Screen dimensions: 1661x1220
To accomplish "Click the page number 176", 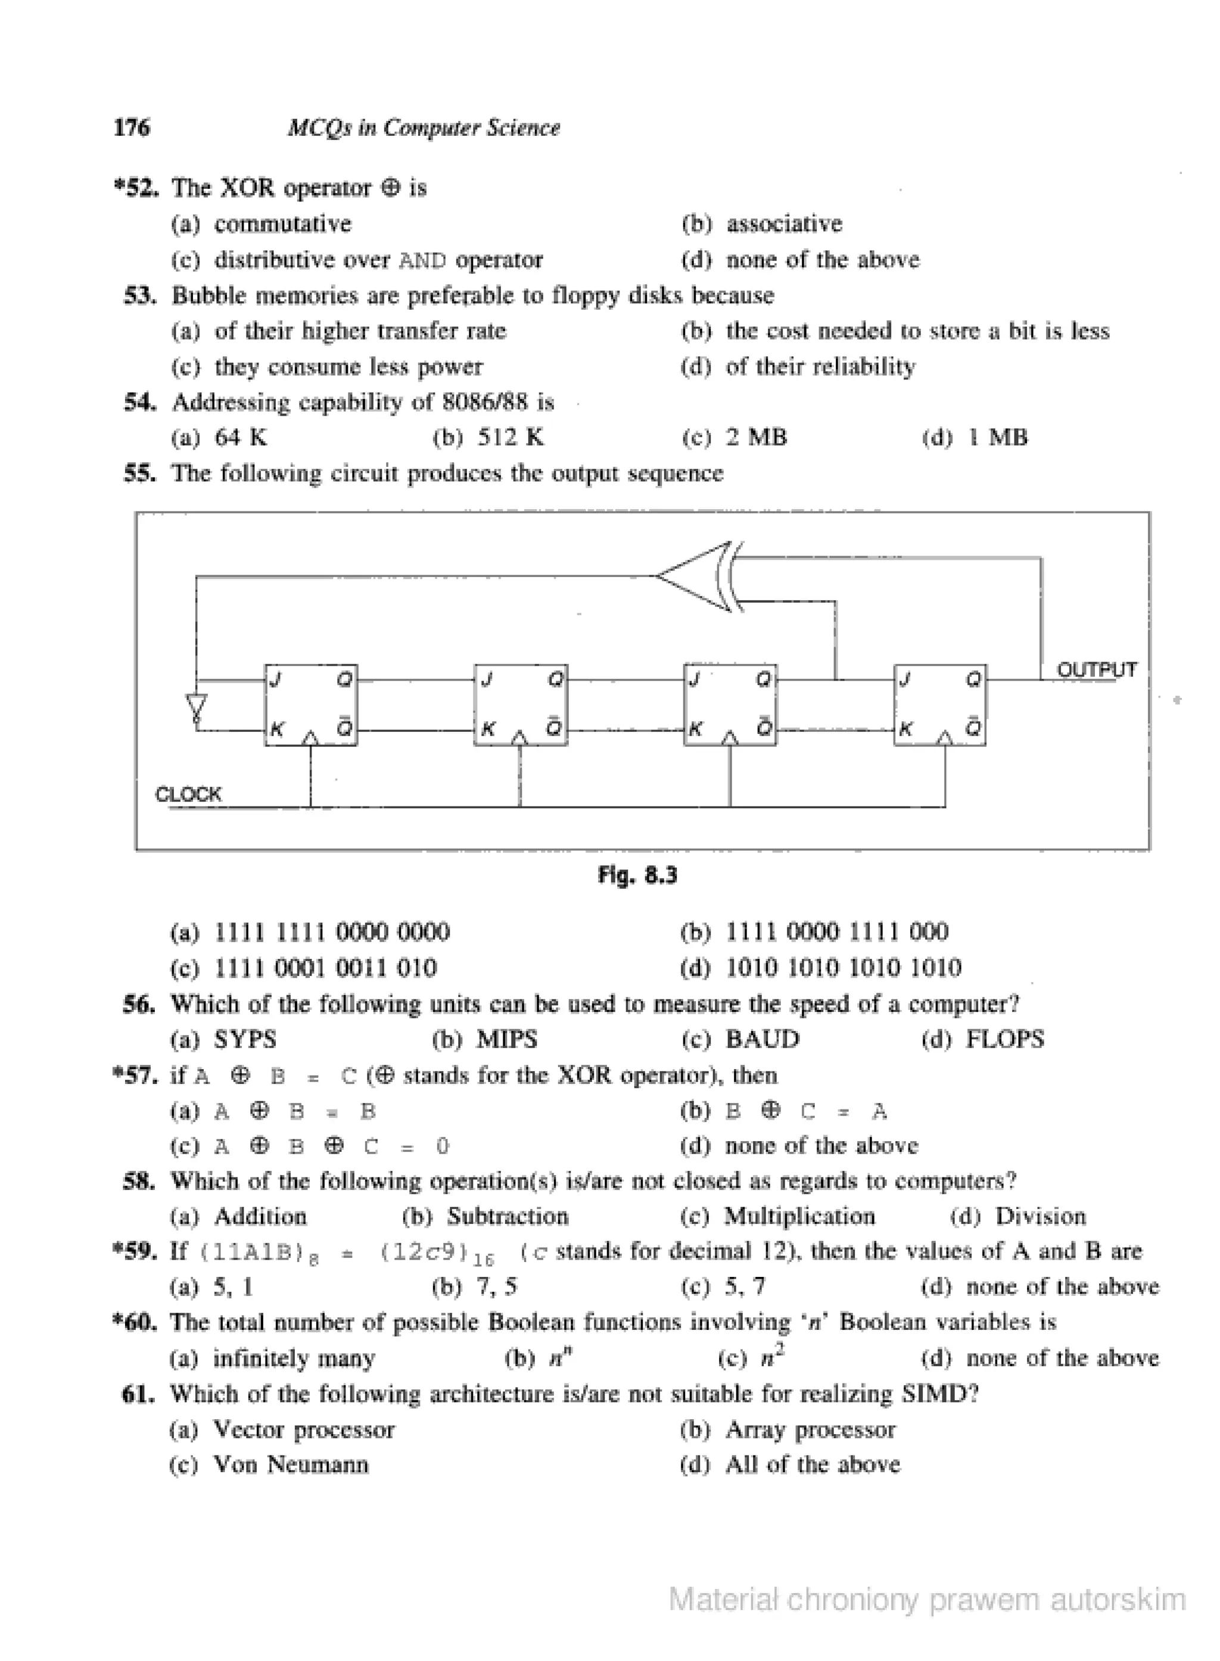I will click(132, 127).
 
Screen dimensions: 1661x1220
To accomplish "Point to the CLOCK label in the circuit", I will click(188, 794).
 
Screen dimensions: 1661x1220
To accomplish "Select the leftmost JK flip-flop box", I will click(311, 705).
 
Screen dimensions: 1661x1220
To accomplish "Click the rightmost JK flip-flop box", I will click(939, 705).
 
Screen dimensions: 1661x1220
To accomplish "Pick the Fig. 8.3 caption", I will click(637, 875).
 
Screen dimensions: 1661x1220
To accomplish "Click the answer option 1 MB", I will click(997, 438).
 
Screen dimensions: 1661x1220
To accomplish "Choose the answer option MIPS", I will click(506, 1039).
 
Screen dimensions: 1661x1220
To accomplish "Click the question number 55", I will click(139, 473).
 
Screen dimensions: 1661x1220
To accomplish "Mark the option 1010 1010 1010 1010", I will click(844, 968).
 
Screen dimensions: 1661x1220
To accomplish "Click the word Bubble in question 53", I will click(203, 295).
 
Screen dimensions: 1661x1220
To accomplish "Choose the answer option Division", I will click(1040, 1216).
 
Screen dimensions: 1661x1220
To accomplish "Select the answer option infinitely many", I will click(294, 1358).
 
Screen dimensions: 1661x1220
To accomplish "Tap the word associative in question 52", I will click(785, 224).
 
